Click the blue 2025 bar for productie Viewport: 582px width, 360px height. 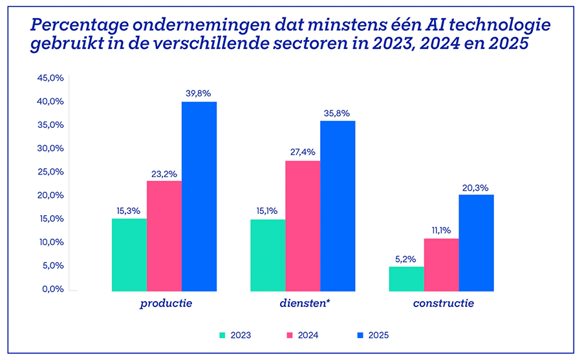[x=199, y=196]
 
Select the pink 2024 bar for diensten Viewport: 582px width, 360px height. [x=303, y=226]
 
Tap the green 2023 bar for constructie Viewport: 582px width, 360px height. [x=406, y=279]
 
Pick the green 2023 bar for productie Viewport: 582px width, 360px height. [x=129, y=255]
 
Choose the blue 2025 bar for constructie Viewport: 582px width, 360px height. [x=476, y=242]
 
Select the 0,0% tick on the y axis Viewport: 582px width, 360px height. [x=52, y=289]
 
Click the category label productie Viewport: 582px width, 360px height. [x=166, y=302]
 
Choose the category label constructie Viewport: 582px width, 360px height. [x=443, y=302]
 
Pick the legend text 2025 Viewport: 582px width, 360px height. [x=378, y=335]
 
